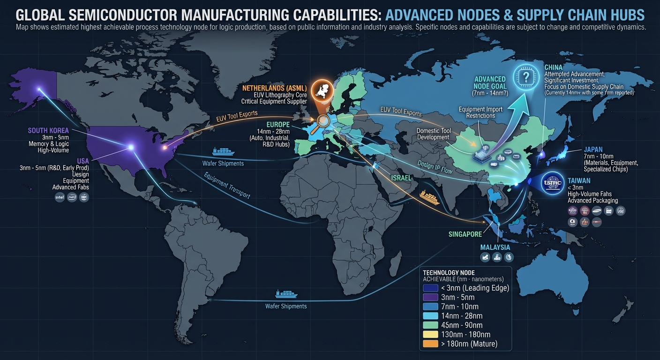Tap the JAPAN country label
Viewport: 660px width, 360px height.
[593, 150]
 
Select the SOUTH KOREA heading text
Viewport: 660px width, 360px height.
[48, 130]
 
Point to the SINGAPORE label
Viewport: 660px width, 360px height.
[465, 234]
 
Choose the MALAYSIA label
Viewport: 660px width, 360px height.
[495, 247]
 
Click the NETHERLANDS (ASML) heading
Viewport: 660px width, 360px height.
[274, 88]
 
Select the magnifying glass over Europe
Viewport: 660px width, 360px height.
[322, 121]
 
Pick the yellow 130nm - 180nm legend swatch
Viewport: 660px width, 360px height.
[430, 334]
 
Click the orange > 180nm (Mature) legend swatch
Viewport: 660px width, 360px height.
[430, 344]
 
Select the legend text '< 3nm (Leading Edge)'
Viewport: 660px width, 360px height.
[475, 287]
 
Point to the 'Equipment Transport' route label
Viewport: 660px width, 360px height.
[227, 186]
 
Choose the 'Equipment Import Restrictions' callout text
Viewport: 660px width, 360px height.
[480, 112]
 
